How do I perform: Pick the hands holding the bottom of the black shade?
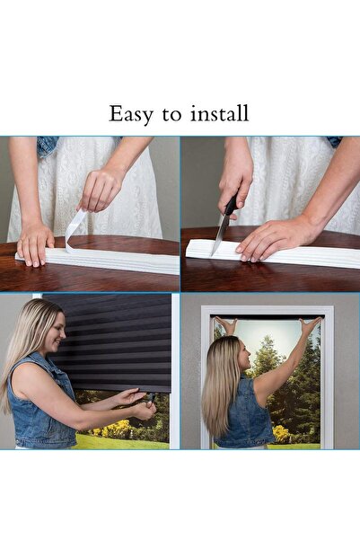pos(135,403)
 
